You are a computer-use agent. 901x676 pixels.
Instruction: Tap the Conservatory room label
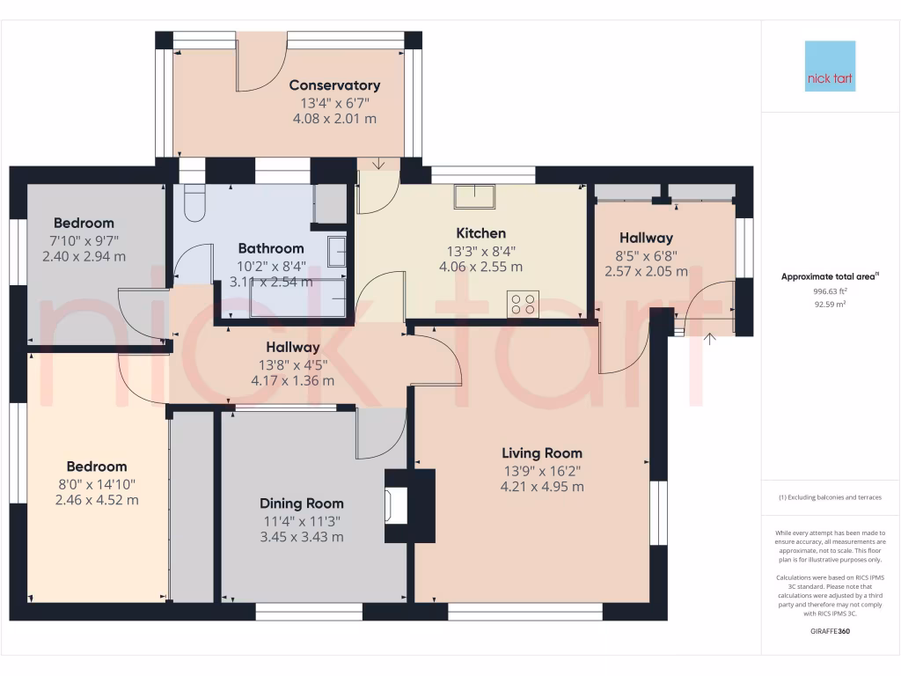pyautogui.click(x=334, y=85)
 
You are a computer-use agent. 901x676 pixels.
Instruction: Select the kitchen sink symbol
pyautogui.click(x=474, y=196)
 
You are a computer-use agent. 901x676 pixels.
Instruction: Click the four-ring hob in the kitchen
pyautogui.click(x=523, y=304)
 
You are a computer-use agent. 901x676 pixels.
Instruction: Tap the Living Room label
pyautogui.click(x=542, y=453)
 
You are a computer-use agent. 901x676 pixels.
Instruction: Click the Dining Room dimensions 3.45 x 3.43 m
pyautogui.click(x=301, y=536)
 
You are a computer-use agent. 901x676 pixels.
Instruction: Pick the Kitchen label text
pyautogui.click(x=480, y=233)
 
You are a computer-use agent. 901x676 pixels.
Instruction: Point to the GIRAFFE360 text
pyautogui.click(x=831, y=631)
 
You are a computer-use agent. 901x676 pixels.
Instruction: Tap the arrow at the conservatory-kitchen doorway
pyautogui.click(x=378, y=164)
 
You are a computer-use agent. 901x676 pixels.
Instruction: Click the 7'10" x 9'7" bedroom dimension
pyautogui.click(x=84, y=240)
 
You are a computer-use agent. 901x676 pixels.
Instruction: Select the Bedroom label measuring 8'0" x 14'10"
pyautogui.click(x=97, y=467)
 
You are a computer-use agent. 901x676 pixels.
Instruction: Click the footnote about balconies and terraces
pyautogui.click(x=830, y=497)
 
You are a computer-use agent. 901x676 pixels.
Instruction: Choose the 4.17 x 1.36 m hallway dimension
pyautogui.click(x=293, y=381)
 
